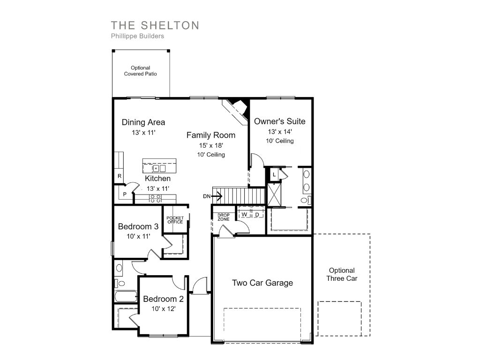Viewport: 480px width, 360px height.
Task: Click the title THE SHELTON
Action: point(155,25)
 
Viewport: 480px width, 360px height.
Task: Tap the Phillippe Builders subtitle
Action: point(137,36)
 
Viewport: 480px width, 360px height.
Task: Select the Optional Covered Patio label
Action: point(141,71)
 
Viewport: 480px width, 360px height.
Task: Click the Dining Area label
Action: point(143,122)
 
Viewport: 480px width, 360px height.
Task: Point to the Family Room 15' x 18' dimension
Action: point(211,145)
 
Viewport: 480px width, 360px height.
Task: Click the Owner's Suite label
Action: point(280,121)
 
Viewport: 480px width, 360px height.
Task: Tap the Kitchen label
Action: point(157,178)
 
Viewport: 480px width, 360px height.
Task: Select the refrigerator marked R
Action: point(120,176)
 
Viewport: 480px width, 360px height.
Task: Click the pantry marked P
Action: point(125,194)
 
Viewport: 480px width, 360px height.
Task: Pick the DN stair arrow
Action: point(217,196)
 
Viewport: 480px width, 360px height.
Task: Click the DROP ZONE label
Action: point(224,217)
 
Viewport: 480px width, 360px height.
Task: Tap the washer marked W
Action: point(244,214)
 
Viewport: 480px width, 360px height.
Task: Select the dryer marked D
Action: point(257,214)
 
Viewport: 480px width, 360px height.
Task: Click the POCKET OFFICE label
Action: point(175,220)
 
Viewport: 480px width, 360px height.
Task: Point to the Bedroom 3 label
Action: point(138,226)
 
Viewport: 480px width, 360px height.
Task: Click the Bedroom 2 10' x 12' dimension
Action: point(164,308)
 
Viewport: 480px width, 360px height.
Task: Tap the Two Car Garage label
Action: point(262,283)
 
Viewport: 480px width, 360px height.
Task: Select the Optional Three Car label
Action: point(342,274)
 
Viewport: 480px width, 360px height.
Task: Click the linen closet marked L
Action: point(274,175)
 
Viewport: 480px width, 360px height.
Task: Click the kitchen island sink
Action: point(159,168)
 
